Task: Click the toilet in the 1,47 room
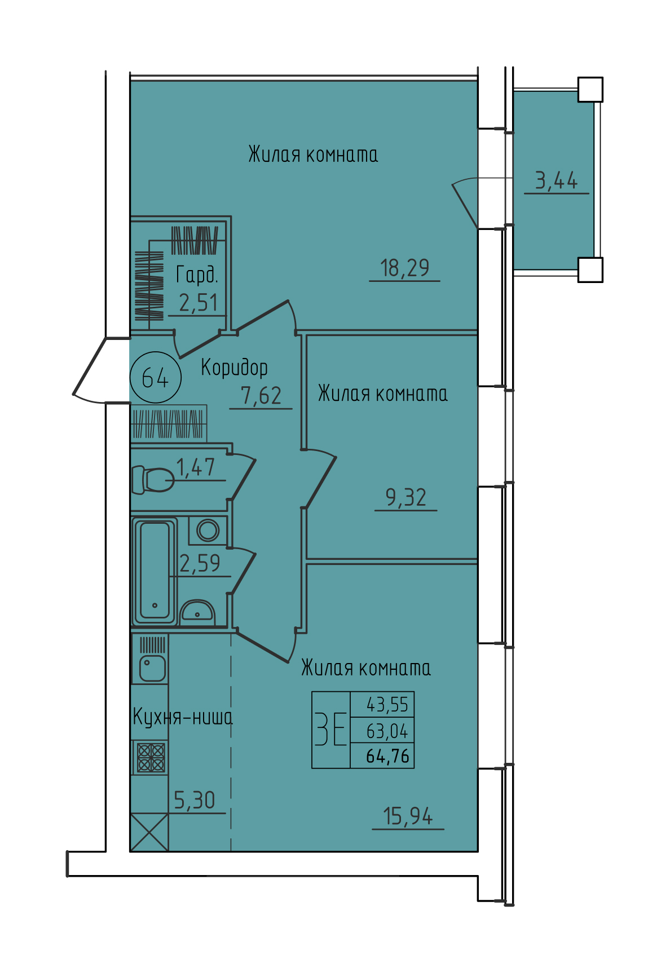click(x=152, y=480)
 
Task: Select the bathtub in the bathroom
click(x=155, y=572)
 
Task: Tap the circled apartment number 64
click(x=156, y=377)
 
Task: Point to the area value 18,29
click(x=404, y=268)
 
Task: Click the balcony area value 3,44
click(x=556, y=181)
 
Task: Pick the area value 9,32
click(x=405, y=498)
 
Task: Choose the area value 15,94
click(x=408, y=816)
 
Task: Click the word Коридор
click(x=234, y=368)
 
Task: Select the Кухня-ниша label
click(x=183, y=717)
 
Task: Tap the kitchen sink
click(x=151, y=668)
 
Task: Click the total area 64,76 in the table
click(x=387, y=756)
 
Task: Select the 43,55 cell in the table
click(x=387, y=704)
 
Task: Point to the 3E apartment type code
click(x=330, y=729)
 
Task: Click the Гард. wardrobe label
click(x=197, y=275)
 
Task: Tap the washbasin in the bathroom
click(x=197, y=612)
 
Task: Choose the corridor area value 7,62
click(x=261, y=396)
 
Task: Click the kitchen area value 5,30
click(x=194, y=801)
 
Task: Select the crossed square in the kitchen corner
click(x=149, y=832)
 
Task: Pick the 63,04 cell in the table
click(x=387, y=731)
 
